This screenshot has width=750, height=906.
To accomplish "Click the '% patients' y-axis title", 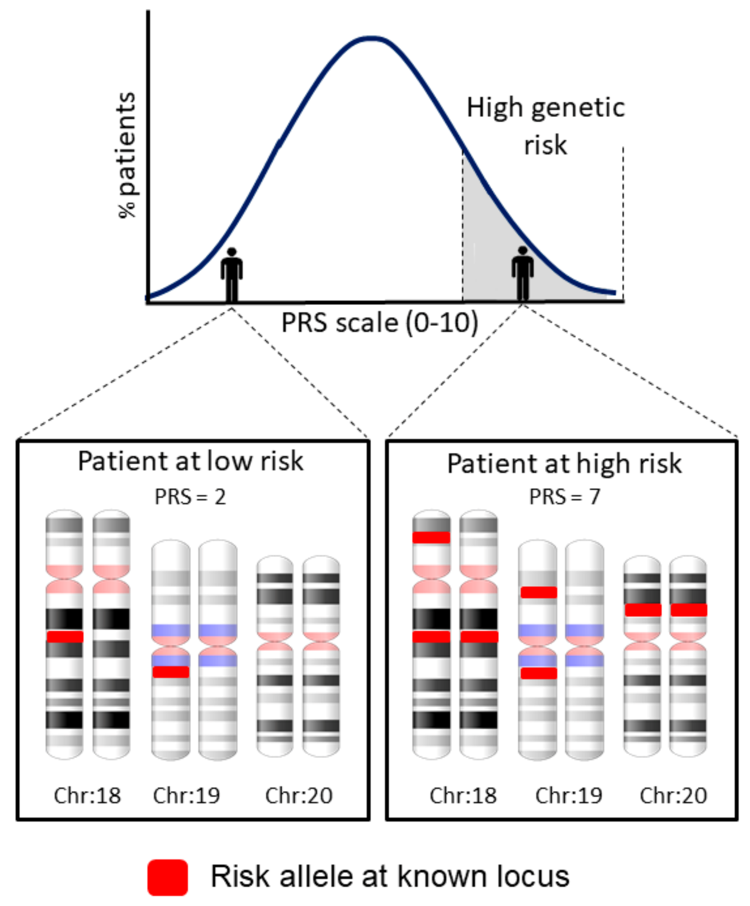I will point(127,155).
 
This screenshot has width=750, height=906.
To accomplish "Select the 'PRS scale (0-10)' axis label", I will point(380,323).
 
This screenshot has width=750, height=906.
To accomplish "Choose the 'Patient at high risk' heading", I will point(564,464).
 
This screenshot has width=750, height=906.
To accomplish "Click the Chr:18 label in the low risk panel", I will point(87,796).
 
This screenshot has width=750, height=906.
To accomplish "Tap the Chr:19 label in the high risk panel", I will point(569,796).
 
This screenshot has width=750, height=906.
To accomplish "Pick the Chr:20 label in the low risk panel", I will point(299,796).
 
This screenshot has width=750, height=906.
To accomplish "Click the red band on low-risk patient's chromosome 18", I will point(65,637).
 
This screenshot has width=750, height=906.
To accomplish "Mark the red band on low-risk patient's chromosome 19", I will point(171,672).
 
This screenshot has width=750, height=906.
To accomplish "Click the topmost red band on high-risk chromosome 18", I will point(431,537).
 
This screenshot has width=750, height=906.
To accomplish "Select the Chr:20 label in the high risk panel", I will point(673,796).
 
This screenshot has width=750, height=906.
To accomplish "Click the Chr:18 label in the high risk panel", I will point(463,796).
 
